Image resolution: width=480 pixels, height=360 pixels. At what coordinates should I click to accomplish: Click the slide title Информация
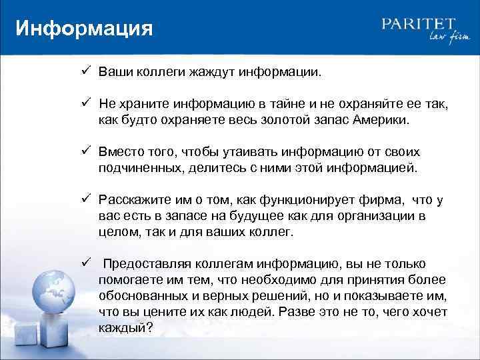[84, 29]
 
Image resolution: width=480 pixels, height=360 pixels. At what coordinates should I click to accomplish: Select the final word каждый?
[126, 327]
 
